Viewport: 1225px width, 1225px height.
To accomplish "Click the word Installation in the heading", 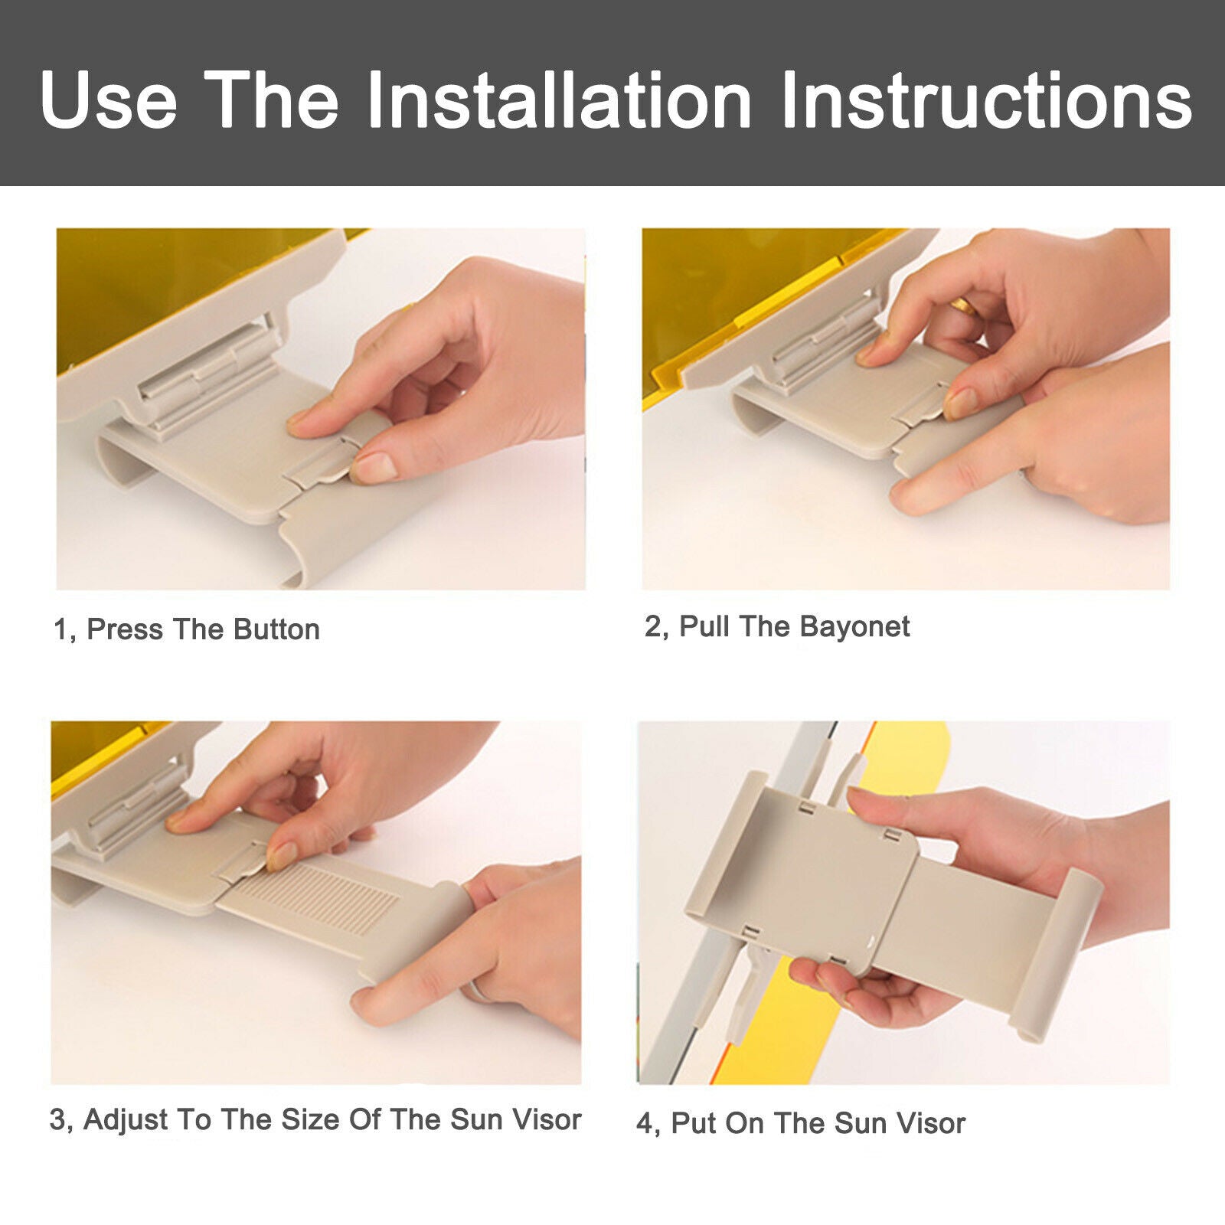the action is pyautogui.click(x=560, y=100).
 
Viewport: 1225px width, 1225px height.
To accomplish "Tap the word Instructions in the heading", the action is pyautogui.click(x=986, y=100).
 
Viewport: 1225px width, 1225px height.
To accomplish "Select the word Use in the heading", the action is pyautogui.click(x=109, y=100).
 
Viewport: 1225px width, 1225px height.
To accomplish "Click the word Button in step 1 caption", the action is pyautogui.click(x=276, y=629).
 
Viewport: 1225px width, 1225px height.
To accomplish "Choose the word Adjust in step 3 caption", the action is pyautogui.click(x=126, y=1119).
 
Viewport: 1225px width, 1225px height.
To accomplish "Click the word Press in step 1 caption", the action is pyautogui.click(x=125, y=629).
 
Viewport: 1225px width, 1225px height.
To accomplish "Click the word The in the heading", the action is pyautogui.click(x=271, y=100).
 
